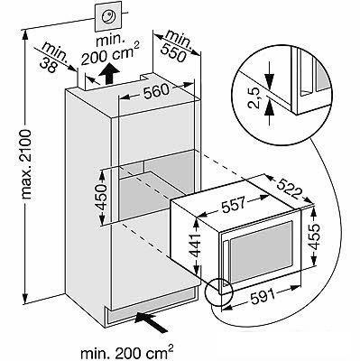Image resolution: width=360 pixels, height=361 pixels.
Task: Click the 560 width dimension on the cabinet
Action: click(155, 91)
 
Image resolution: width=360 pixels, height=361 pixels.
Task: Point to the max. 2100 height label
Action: click(27, 164)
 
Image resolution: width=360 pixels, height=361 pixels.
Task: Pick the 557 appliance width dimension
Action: click(234, 204)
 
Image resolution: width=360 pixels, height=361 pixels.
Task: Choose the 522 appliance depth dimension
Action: click(289, 189)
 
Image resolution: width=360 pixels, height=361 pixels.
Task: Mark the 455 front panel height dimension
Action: click(314, 236)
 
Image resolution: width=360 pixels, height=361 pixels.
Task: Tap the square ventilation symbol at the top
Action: click(108, 16)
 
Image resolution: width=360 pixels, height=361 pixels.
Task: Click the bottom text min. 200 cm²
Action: click(127, 351)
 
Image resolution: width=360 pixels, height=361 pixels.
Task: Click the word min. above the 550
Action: click(179, 39)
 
